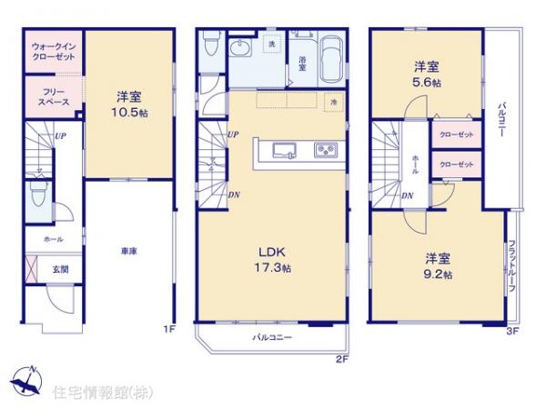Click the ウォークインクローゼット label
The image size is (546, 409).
pos(52,50)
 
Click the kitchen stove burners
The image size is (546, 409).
pos(326,150)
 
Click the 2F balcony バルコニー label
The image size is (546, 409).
pos(272,337)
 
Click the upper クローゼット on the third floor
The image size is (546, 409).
pos(455,134)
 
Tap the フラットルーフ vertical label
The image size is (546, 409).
pos(513,263)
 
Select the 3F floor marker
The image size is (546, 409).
pos(511,331)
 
